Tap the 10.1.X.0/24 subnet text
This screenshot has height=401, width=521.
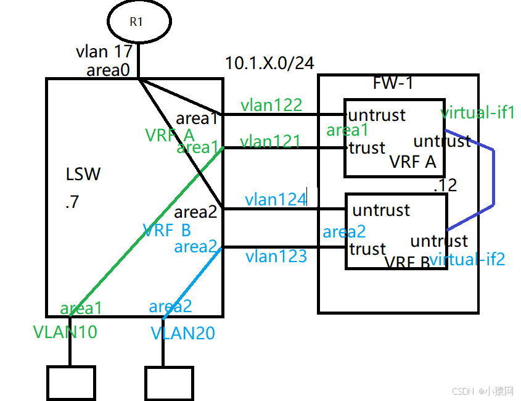[x=269, y=63]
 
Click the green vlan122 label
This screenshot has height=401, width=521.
[x=271, y=105]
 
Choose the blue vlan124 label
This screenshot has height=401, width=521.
[x=276, y=199]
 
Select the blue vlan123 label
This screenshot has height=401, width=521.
[x=276, y=256]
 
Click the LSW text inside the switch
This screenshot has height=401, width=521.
[x=83, y=174]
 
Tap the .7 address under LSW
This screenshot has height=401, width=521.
[x=72, y=202]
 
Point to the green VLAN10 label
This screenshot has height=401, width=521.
[x=65, y=332]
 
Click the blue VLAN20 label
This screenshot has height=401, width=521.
[x=183, y=334]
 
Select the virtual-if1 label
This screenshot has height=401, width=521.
[x=478, y=113]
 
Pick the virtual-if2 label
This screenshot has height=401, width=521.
[x=467, y=259]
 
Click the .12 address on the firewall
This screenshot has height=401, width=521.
[x=445, y=184]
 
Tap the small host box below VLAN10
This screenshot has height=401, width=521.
[x=71, y=382]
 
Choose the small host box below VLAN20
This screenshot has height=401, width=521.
[x=168, y=383]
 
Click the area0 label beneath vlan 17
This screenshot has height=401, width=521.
[x=108, y=70]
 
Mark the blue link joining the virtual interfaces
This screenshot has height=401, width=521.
[x=493, y=179]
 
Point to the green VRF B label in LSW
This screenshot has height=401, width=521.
[x=166, y=230]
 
